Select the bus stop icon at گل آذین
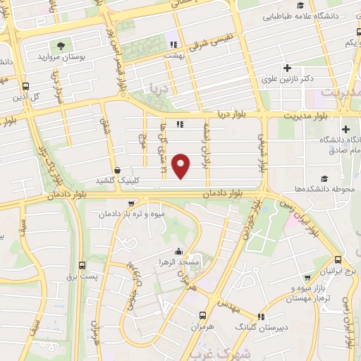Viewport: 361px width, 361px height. point(25,82)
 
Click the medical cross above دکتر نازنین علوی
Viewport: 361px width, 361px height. point(287,68)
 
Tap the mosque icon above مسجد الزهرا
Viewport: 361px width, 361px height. point(179,251)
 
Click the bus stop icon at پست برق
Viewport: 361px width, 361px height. point(83,266)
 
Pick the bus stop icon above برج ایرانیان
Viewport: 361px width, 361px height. point(338,260)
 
